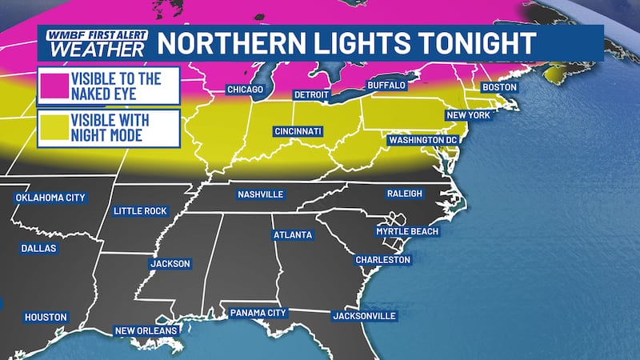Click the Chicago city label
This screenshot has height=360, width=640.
coord(245,89)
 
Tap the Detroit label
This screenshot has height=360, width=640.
coord(311,94)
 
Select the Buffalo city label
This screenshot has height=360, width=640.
coord(386,85)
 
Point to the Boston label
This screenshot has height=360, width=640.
coord(499,87)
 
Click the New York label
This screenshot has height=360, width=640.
coord(467,115)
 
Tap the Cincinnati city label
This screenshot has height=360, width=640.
coord(298,130)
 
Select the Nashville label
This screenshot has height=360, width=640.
coord(261,194)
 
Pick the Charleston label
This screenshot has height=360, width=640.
coord(382,260)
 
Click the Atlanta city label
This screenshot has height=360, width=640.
coord(293,235)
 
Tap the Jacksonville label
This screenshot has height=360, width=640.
coord(364,316)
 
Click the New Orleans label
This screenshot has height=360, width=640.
coord(145,330)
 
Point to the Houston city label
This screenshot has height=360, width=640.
coord(46,318)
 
